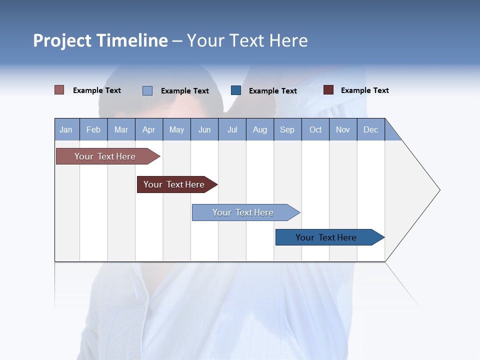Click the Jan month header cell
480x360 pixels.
[66, 129]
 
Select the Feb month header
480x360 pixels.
[93, 129]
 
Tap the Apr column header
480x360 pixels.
[149, 129]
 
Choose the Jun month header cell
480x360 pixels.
[204, 129]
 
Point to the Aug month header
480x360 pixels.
[260, 129]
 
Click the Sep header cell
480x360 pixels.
[287, 129]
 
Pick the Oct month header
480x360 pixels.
[315, 129]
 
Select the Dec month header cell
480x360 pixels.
[371, 129]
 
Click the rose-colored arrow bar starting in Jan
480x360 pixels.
[105, 156]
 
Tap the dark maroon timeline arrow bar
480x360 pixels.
[174, 184]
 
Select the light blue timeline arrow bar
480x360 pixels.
[243, 212]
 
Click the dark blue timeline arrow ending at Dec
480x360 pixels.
[326, 237]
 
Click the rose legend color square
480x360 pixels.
[59, 90]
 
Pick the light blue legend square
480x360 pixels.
[147, 90]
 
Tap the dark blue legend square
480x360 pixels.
[236, 90]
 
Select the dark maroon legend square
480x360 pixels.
[328, 90]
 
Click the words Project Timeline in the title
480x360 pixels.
[100, 40]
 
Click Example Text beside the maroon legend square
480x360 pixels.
[364, 90]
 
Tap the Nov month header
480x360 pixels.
[343, 129]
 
